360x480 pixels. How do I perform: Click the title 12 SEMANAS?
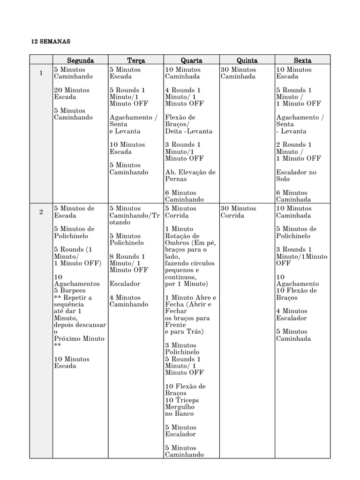(50, 42)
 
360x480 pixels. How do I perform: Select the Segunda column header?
(80, 60)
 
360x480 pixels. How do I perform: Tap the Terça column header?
(136, 60)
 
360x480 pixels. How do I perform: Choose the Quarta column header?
(191, 60)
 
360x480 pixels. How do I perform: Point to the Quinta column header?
(247, 60)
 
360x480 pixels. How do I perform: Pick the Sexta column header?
(302, 60)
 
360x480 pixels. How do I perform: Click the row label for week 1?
(41, 73)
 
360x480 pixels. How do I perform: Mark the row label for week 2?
(41, 212)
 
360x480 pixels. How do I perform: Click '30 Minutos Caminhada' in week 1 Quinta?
(238, 73)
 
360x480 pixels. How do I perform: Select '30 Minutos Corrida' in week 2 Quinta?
(238, 212)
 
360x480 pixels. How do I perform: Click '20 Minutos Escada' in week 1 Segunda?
(72, 93)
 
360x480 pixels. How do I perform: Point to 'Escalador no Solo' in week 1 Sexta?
(296, 176)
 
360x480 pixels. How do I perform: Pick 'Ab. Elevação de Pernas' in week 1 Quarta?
(190, 176)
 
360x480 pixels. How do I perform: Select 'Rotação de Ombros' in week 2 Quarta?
(182, 239)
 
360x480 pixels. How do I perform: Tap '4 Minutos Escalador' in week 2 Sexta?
(292, 315)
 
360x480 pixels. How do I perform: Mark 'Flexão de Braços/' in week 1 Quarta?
(180, 120)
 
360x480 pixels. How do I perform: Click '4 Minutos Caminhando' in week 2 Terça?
(129, 301)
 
